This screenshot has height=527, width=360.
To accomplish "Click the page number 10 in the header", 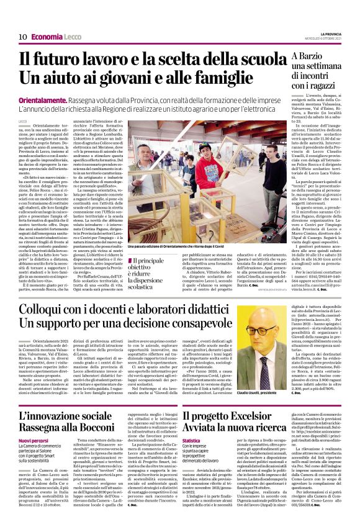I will [x=22, y=37].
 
